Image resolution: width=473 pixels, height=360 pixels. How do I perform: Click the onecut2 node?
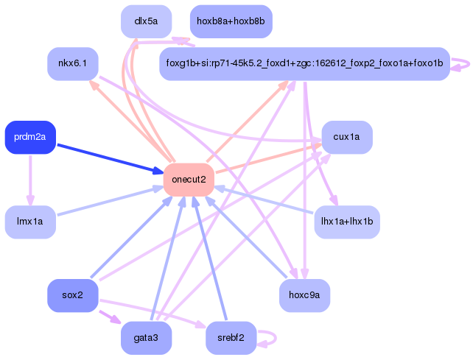pos(189,180)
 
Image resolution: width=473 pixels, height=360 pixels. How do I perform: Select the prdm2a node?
pos(30,137)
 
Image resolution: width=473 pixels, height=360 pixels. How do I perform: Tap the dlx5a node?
pos(146,21)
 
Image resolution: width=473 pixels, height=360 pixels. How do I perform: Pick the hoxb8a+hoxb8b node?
pos(231,21)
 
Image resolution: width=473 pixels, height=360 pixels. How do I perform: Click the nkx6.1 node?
pos(72,64)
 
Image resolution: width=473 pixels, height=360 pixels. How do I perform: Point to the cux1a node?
pos(346,137)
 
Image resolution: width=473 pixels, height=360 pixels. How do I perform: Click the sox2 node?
pos(72,295)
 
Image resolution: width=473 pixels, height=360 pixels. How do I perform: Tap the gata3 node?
pos(146,338)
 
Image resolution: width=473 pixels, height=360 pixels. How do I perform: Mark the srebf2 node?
pos(231,338)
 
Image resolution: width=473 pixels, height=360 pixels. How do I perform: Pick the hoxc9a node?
pos(304,295)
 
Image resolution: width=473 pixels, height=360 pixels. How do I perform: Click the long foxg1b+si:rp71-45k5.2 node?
pos(304,64)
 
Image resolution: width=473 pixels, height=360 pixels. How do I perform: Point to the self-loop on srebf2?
pos(271,338)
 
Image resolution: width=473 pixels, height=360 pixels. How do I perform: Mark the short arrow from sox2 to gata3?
pos(108,317)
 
